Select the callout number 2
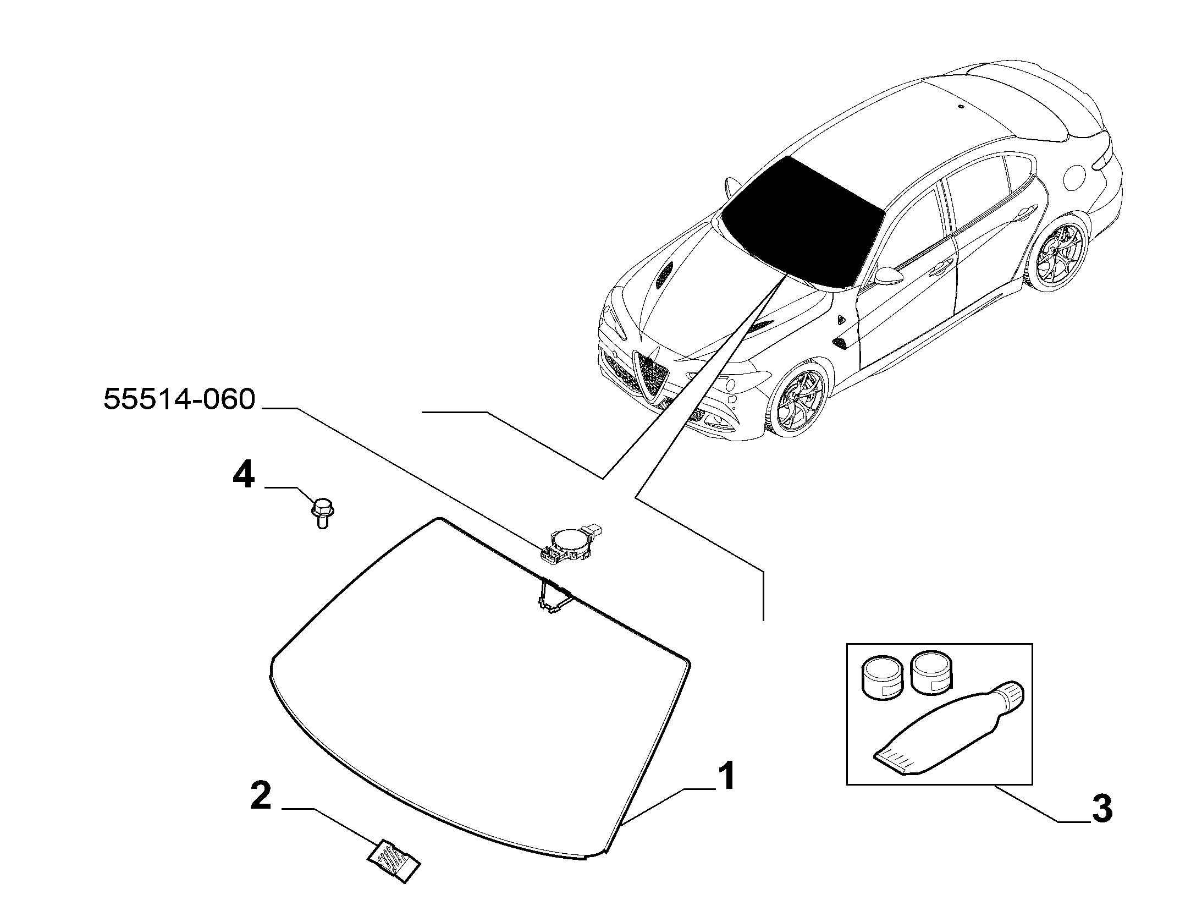coord(261,797)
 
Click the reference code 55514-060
coord(179,399)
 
